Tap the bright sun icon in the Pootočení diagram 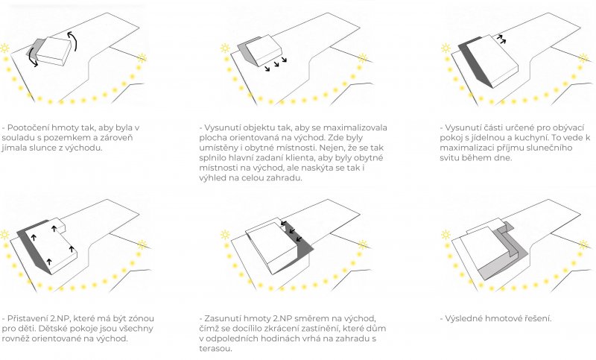click(4, 48)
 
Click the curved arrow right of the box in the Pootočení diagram click(73, 41)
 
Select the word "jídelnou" click(488, 138)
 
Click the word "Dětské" click(51, 329)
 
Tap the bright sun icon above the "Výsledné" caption click(446, 235)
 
